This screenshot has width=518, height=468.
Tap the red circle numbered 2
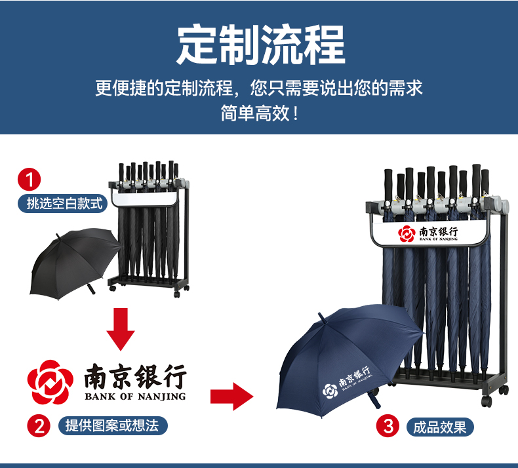coord(39,425)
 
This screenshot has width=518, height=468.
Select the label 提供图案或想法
coord(112,425)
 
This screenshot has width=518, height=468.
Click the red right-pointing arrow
coord(231,395)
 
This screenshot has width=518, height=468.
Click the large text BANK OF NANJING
coord(135,397)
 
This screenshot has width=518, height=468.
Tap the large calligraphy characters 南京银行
coord(135,376)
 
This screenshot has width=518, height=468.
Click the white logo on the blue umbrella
coord(346,382)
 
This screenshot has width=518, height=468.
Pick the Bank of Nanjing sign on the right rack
coord(429,233)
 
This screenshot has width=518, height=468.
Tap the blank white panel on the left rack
coord(145,197)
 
